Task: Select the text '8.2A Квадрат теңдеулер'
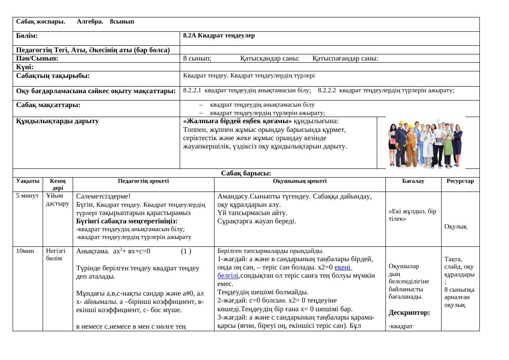219,36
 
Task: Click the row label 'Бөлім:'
27,36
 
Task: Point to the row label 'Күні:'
25,67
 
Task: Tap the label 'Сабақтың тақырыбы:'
53,76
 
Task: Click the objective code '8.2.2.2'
327,91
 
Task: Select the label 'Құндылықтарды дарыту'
57,121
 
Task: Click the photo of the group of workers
425,142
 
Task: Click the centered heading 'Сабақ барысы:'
246,173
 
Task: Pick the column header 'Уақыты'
28,181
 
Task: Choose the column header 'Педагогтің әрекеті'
144,181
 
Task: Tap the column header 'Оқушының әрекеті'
300,181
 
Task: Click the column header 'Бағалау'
413,181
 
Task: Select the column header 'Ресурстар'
460,181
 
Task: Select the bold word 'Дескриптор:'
409,313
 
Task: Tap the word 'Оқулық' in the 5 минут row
455,226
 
